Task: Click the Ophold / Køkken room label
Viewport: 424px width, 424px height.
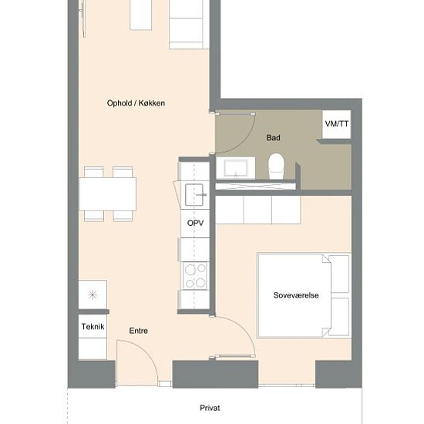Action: pyautogui.click(x=136, y=103)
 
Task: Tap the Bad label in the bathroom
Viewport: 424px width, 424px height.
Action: pyautogui.click(x=273, y=138)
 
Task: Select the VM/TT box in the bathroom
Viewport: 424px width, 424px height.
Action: pyautogui.click(x=337, y=124)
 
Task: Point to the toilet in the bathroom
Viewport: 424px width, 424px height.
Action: pyautogui.click(x=276, y=166)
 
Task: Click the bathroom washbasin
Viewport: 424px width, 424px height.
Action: pyautogui.click(x=236, y=168)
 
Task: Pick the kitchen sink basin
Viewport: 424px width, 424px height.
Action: pyautogui.click(x=194, y=195)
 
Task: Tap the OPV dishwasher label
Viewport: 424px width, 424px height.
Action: pyautogui.click(x=195, y=223)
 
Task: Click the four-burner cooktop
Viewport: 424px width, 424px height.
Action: pyautogui.click(x=195, y=275)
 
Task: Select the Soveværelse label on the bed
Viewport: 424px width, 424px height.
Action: pyautogui.click(x=296, y=295)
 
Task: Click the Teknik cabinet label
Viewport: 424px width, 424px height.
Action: pyautogui.click(x=93, y=327)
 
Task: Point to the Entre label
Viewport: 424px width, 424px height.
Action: pyautogui.click(x=139, y=331)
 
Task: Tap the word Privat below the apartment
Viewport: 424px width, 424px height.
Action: pyautogui.click(x=210, y=408)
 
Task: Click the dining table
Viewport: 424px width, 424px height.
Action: pyautogui.click(x=108, y=193)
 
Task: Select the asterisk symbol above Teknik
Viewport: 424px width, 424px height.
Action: pyautogui.click(x=93, y=294)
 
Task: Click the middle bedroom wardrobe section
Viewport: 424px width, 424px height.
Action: pyautogui.click(x=257, y=210)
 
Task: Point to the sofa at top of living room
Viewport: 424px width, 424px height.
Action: pyautogui.click(x=189, y=25)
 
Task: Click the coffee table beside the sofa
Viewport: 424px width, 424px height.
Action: pyautogui.click(x=140, y=15)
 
